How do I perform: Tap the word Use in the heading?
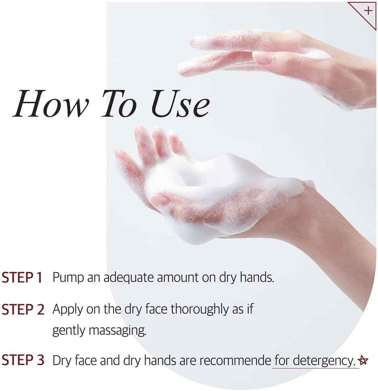tap(180, 104)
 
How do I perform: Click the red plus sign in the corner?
tap(368, 11)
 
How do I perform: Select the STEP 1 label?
tap(22, 277)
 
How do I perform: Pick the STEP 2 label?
tap(23, 309)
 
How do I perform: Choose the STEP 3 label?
tap(23, 360)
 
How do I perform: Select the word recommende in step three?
tap(235, 360)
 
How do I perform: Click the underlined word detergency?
tap(324, 361)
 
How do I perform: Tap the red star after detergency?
tap(363, 360)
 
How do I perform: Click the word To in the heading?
tap(120, 104)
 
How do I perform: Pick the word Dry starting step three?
tap(62, 361)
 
